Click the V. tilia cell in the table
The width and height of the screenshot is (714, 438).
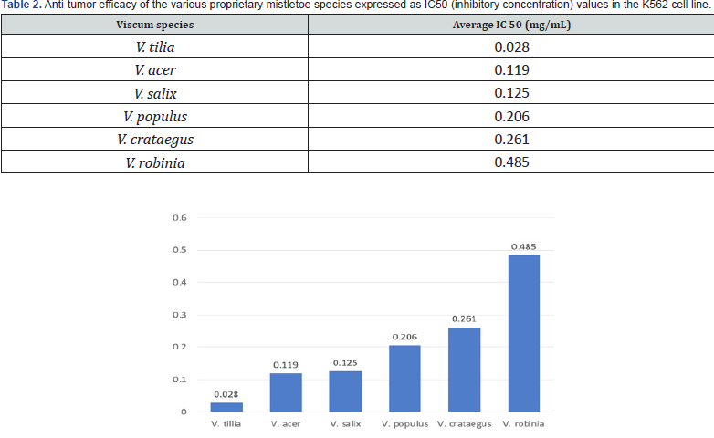153,47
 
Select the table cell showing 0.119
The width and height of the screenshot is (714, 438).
511,69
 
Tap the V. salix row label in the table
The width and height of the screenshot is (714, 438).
153,93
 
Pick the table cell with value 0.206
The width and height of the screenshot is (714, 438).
511,116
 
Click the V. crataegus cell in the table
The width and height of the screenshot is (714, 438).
153,139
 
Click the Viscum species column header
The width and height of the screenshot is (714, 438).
153,24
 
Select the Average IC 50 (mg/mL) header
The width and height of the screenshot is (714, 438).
511,24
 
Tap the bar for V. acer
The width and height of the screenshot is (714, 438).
286,392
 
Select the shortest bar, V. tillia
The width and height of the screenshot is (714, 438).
226,407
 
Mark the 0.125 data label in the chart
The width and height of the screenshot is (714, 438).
346,362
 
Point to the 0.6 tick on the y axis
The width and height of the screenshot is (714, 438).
179,218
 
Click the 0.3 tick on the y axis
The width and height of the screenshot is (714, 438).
179,315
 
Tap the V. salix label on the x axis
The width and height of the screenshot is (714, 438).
346,423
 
